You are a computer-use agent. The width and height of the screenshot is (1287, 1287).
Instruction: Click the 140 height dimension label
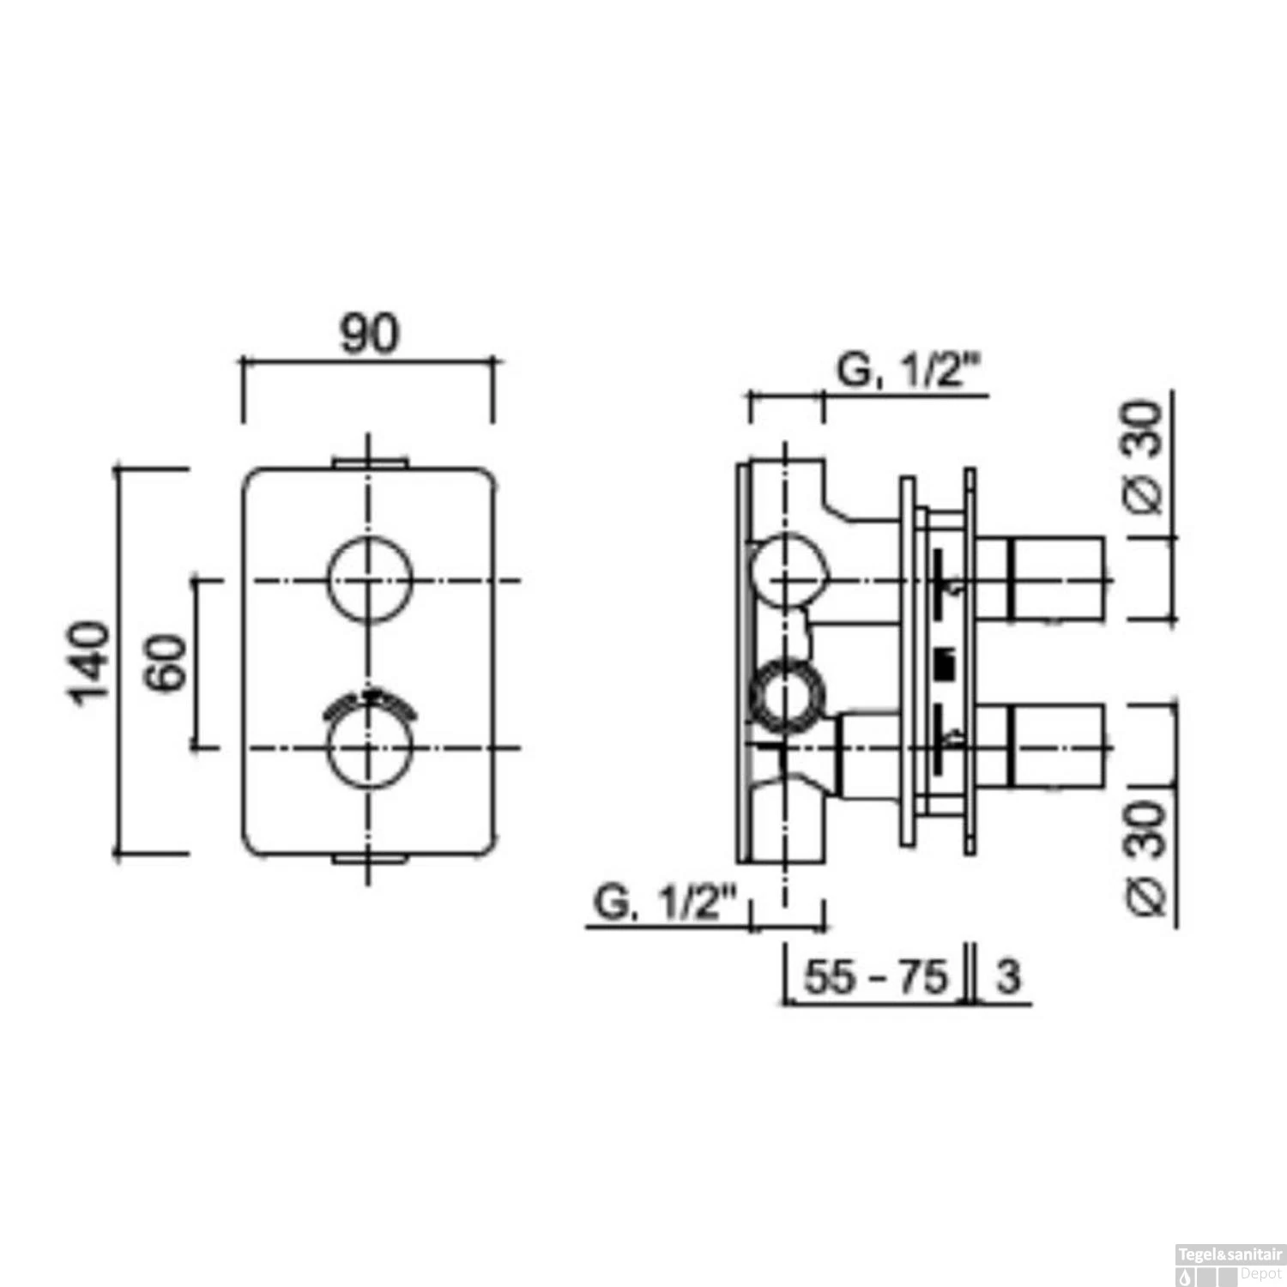91,662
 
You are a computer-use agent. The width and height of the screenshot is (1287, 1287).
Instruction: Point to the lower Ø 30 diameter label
1146,858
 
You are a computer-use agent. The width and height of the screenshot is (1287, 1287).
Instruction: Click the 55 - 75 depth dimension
874,976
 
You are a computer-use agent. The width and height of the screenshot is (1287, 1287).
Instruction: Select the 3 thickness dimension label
1008,976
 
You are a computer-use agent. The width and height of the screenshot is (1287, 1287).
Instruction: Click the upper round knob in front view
370,580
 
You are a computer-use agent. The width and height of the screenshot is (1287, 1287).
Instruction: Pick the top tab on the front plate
370,463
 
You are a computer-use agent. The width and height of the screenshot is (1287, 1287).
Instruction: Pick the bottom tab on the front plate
370,858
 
